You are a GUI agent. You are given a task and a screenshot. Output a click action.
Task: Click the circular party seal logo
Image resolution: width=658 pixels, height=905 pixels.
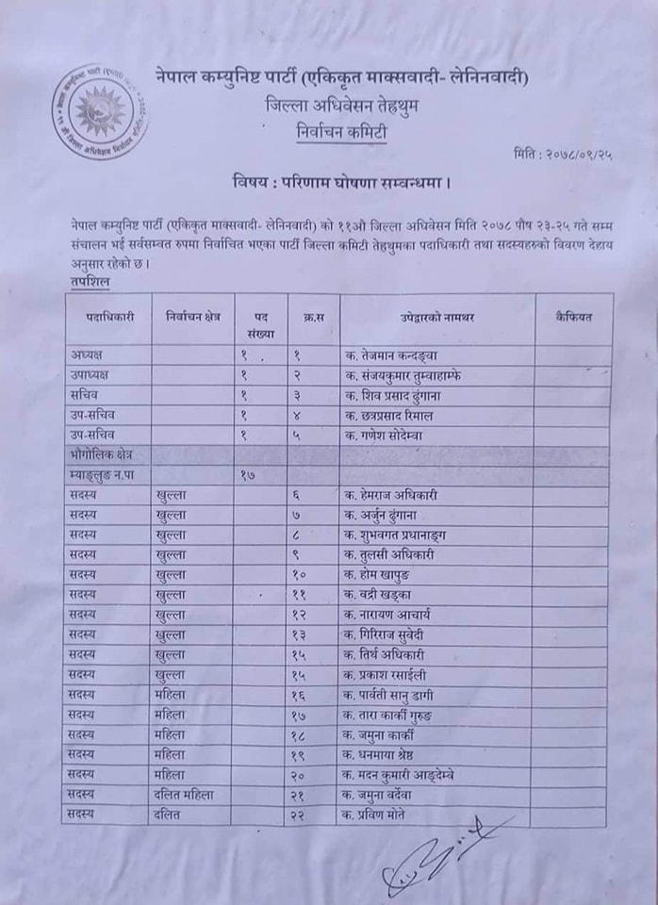pyautogui.click(x=99, y=111)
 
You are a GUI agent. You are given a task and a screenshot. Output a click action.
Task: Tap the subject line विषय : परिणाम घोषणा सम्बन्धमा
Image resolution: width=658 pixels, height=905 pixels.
pyautogui.click(x=339, y=179)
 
